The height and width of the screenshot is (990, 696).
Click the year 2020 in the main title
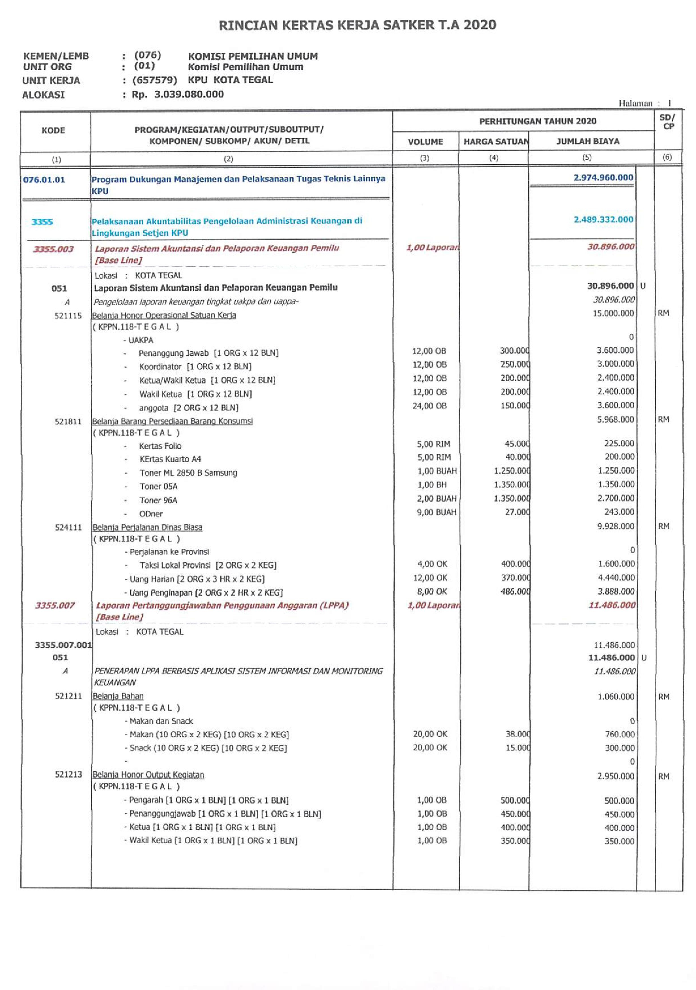tap(480, 25)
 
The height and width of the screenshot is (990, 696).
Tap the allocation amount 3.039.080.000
tap(189, 94)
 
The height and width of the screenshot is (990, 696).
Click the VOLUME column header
tap(425, 142)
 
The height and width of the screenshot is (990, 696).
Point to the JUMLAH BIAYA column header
tap(587, 141)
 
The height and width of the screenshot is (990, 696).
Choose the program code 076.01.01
tap(44, 180)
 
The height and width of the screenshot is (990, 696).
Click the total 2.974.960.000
tap(603, 178)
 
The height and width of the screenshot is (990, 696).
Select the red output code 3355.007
tap(55, 605)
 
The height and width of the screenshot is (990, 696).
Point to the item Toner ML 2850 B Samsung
tap(188, 473)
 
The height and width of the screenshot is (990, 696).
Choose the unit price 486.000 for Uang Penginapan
tap(515, 591)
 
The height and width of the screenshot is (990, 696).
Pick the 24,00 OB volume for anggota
tap(429, 406)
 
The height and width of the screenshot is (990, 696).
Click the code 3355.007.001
tap(63, 645)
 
